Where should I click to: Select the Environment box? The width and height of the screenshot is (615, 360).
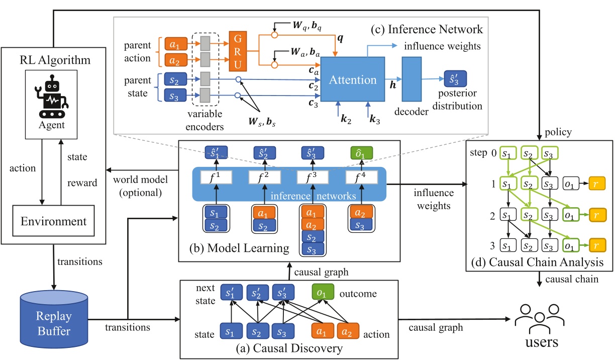(x=54, y=221)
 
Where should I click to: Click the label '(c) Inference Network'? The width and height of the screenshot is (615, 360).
(x=426, y=29)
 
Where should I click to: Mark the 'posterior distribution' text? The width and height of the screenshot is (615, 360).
(x=458, y=101)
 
